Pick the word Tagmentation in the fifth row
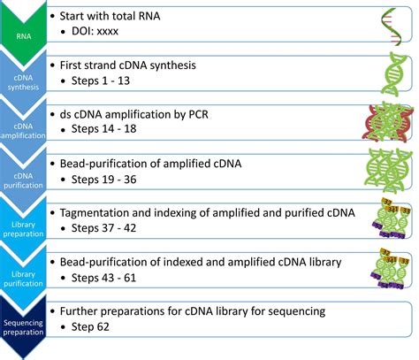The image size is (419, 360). tap(98, 214)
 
